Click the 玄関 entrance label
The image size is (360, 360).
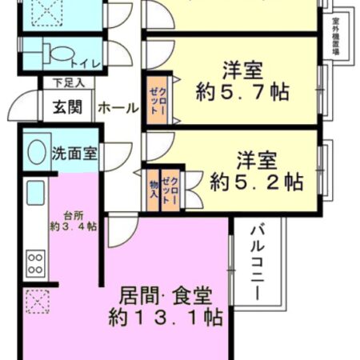(68, 106)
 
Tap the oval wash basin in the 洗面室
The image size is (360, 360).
(37, 151)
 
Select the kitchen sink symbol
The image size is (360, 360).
(35, 193)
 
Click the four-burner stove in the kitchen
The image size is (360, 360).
(35, 262)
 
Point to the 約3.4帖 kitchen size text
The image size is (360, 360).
(74, 226)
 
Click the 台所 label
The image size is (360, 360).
(74, 214)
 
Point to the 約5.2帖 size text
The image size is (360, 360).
(256, 182)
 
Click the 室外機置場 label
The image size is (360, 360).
(336, 36)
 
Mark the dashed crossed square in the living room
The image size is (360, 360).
(35, 303)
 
